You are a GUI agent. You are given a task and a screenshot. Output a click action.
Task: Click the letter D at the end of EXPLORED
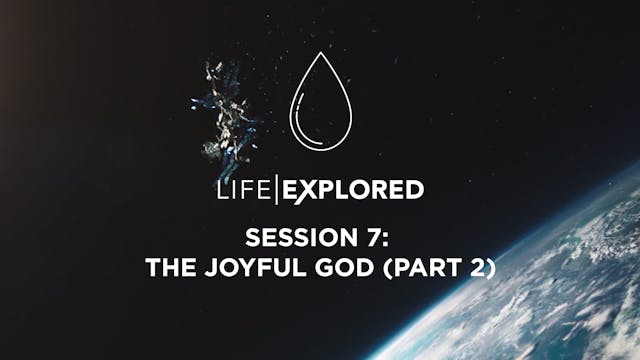[x=414, y=189]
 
